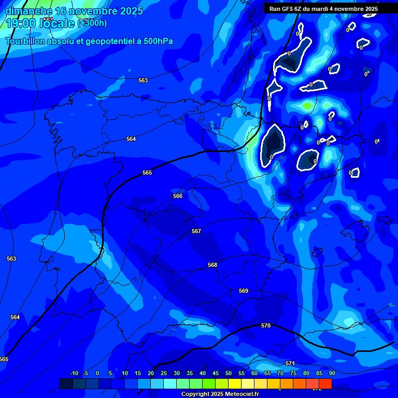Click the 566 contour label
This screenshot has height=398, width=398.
coord(178,196)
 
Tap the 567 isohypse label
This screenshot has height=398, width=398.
coord(196,231)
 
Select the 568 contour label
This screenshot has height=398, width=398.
coord(212,265)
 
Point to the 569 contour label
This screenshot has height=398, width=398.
coord(244,291)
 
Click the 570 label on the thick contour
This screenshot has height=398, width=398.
coord(266,325)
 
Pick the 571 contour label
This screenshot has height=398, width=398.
coord(290,363)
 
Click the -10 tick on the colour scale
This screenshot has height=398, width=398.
coord(74,373)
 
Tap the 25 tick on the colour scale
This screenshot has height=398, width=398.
coord(164,373)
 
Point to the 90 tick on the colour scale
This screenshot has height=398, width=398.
coord(332,373)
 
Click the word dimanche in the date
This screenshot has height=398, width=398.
coord(28,11)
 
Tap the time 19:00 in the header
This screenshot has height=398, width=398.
coord(21,23)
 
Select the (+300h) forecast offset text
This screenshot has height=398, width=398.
coord(92,23)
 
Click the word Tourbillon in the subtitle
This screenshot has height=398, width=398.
coord(26,41)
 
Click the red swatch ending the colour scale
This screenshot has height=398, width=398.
coord(325,383)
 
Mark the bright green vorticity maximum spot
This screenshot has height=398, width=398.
coord(307,106)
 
